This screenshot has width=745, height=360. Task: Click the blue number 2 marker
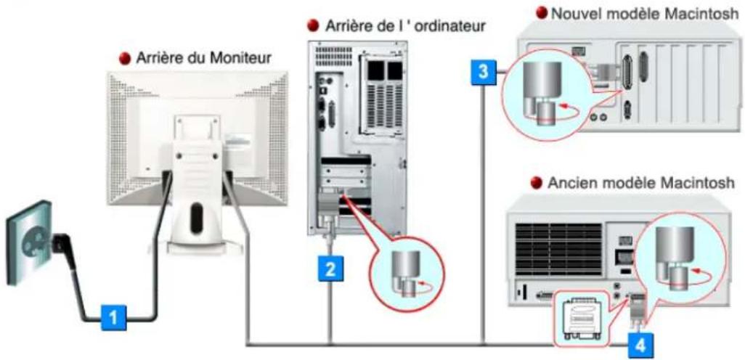330,269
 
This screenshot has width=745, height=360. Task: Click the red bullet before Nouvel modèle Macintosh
540,12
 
